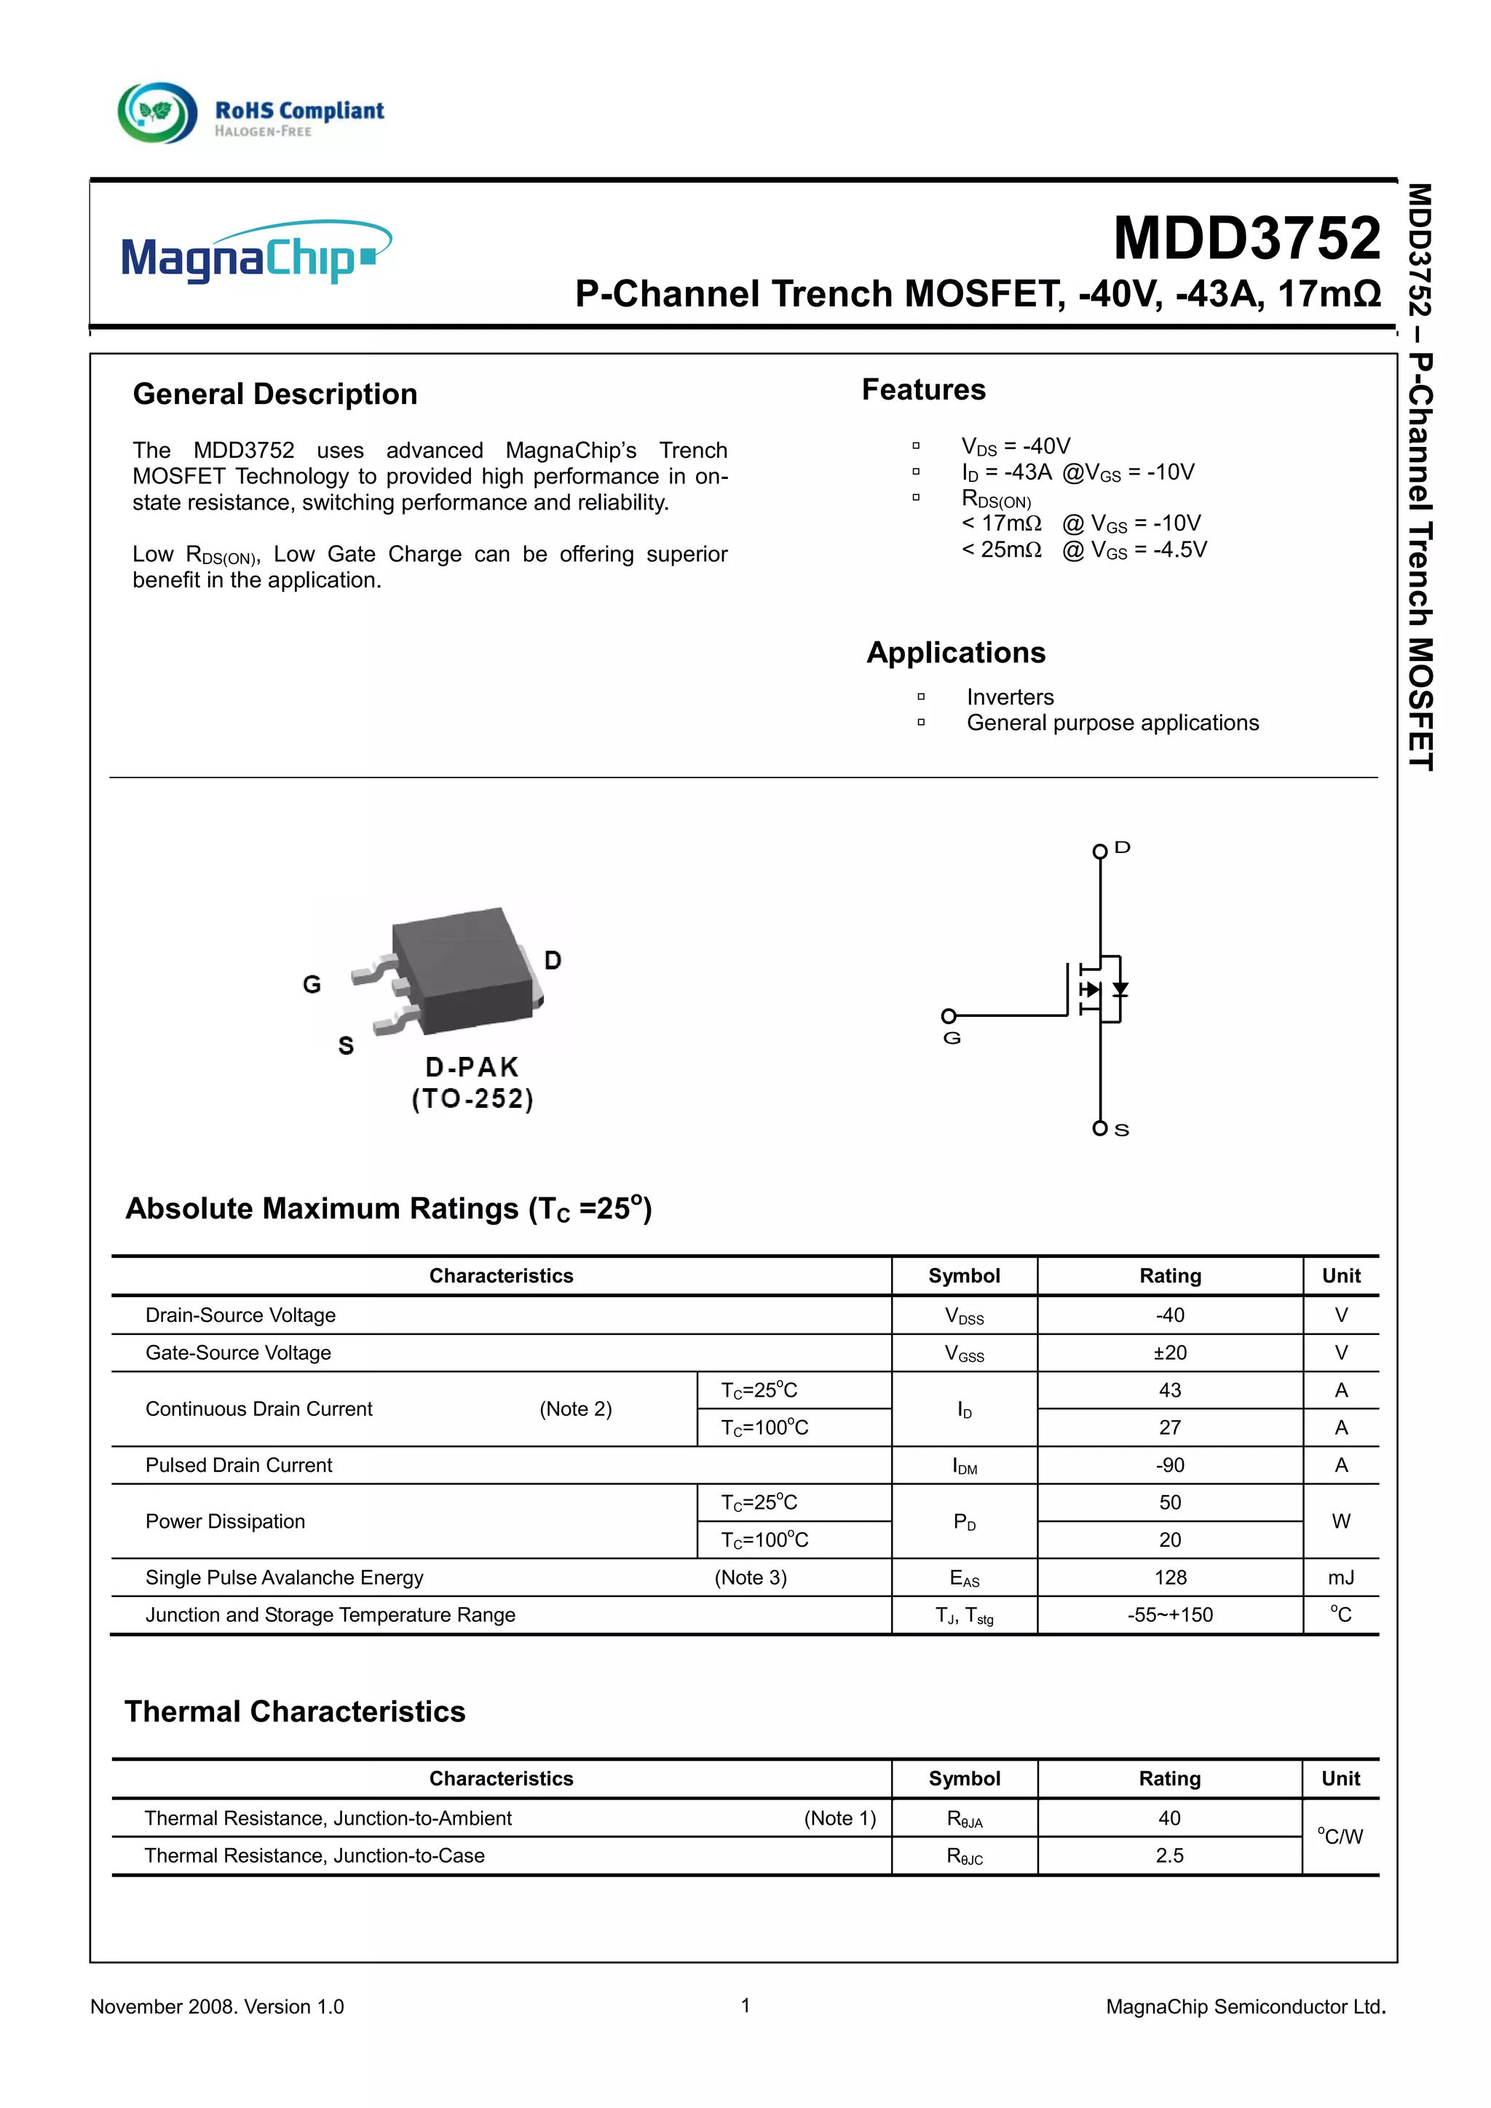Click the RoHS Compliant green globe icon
(x=157, y=113)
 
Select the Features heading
(x=922, y=389)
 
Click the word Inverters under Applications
(x=1009, y=697)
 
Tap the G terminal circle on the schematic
(x=949, y=1015)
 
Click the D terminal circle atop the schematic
(x=1099, y=851)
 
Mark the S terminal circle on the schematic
(x=1099, y=1128)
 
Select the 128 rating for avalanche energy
(x=1170, y=1577)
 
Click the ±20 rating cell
(x=1170, y=1352)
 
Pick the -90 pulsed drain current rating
(x=1170, y=1465)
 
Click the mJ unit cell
(x=1340, y=1577)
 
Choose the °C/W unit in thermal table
(x=1340, y=1836)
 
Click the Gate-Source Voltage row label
(x=238, y=1352)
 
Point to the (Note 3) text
(x=750, y=1577)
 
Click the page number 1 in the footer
(x=745, y=2005)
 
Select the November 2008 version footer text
(x=217, y=2007)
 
